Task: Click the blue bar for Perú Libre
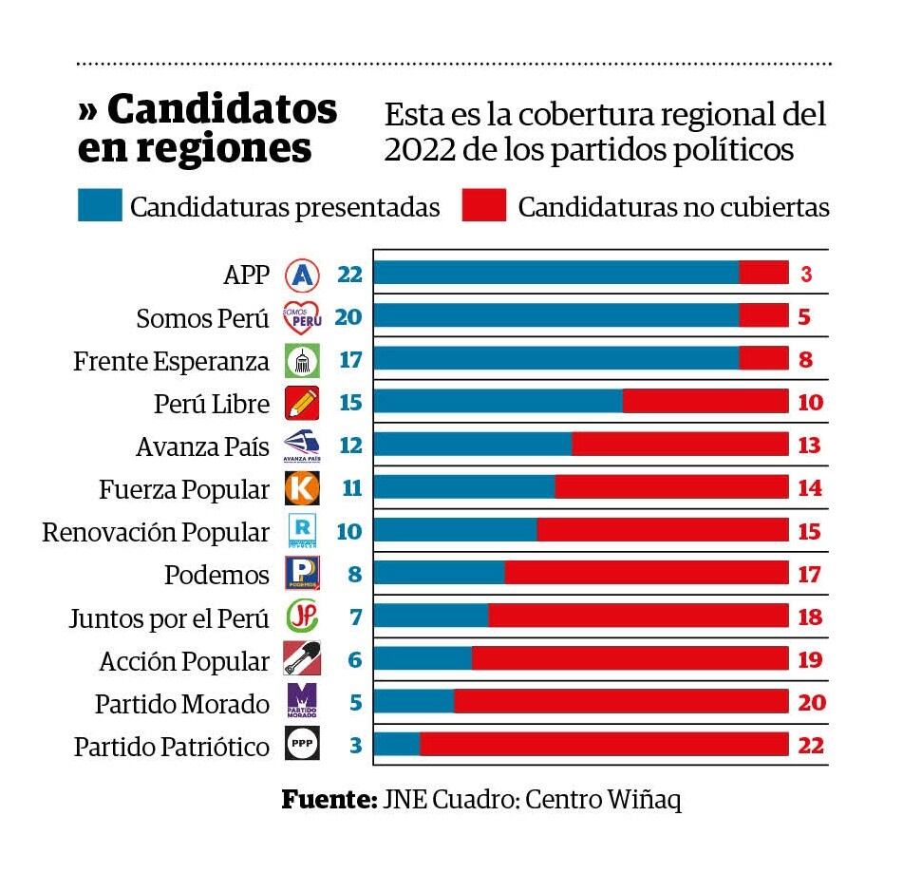pos(499,402)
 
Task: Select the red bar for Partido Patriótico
pos(604,745)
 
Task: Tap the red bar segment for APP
pos(763,274)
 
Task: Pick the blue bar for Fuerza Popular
pos(464,488)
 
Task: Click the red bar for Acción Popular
pos(630,659)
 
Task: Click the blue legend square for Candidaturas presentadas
pos(100,205)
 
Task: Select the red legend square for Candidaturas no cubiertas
pos(484,205)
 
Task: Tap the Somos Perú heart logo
pos(303,317)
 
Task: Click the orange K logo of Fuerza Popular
pos(303,488)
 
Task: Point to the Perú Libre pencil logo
pos(303,403)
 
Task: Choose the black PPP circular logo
pos(303,745)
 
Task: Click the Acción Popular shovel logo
pos(303,658)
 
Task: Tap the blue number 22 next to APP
pos(349,275)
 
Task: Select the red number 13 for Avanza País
pos(809,446)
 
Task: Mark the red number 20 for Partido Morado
pos(810,703)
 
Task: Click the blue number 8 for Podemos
pos(355,574)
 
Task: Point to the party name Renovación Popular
pos(156,532)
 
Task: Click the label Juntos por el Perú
pos(169,618)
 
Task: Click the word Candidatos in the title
pos(222,110)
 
